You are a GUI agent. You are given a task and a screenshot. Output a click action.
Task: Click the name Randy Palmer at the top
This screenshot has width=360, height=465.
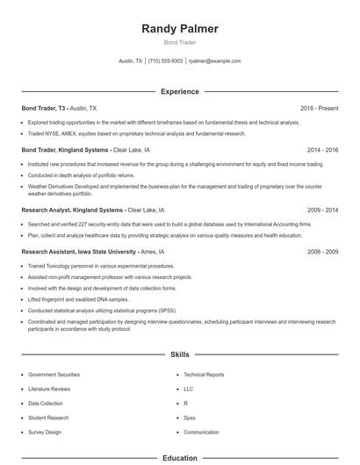[x=180, y=29]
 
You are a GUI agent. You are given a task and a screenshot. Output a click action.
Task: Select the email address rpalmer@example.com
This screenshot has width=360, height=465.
[x=214, y=61]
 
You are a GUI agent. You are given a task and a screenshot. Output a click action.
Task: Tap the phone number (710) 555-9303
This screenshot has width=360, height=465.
[x=165, y=61]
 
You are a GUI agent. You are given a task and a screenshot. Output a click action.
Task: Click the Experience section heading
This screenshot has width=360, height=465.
[x=180, y=91]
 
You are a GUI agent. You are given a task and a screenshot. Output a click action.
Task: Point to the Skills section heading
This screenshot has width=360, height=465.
[x=180, y=354]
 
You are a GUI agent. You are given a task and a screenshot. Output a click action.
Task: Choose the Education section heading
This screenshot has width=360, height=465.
[x=180, y=458]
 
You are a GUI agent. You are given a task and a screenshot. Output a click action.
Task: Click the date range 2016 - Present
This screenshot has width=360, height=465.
[x=319, y=108]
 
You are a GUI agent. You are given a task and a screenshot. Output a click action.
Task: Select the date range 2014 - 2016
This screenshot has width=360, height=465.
[x=322, y=150]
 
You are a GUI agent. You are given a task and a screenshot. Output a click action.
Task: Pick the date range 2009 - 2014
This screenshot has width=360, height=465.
[x=322, y=211]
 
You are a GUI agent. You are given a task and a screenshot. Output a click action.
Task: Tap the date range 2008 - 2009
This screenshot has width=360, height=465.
[x=322, y=251]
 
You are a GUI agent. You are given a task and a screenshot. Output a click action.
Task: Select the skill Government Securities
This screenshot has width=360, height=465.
[x=54, y=374]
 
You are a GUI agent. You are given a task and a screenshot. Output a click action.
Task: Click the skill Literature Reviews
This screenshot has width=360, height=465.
[x=49, y=388]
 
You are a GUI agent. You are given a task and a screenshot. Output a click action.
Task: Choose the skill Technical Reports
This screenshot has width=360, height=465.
[x=204, y=374]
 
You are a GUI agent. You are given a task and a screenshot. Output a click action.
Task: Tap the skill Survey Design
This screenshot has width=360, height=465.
[x=45, y=433]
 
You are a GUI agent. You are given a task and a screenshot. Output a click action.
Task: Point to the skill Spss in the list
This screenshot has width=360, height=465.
[x=190, y=418]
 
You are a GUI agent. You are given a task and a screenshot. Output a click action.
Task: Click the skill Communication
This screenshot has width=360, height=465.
[x=201, y=433]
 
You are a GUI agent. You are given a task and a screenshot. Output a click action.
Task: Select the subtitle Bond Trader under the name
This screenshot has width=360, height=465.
[x=180, y=43]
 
